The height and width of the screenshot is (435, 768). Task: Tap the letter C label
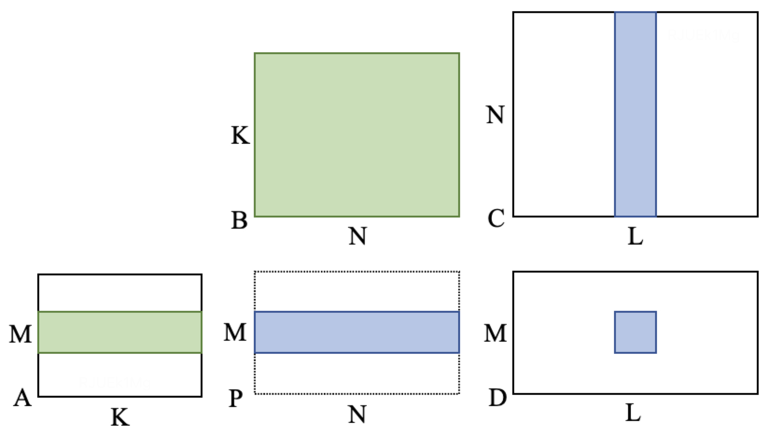click(x=495, y=219)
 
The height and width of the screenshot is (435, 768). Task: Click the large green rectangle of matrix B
click(x=356, y=135)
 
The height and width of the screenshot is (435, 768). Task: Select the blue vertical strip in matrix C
click(x=635, y=114)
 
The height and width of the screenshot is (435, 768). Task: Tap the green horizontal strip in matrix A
click(x=119, y=332)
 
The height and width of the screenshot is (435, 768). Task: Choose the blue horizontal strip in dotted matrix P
click(x=356, y=332)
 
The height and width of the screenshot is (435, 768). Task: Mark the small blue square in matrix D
click(x=635, y=332)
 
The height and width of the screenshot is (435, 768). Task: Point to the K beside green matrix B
click(x=239, y=136)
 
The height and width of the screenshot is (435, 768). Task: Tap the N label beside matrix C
click(x=495, y=115)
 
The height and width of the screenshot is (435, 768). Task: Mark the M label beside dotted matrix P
click(x=235, y=334)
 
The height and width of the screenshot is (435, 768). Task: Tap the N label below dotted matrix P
click(x=357, y=414)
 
